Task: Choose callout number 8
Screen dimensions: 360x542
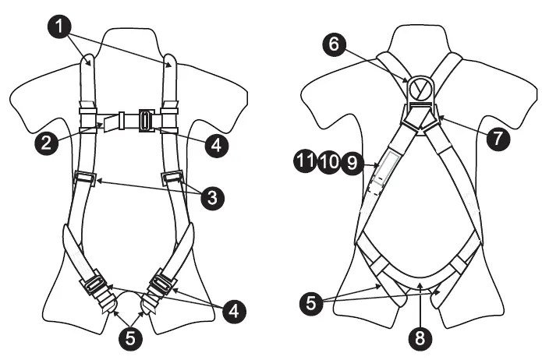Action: click(x=421, y=339)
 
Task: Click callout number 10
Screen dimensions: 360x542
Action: click(x=328, y=162)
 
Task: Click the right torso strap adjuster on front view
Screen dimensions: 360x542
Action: click(x=172, y=178)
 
